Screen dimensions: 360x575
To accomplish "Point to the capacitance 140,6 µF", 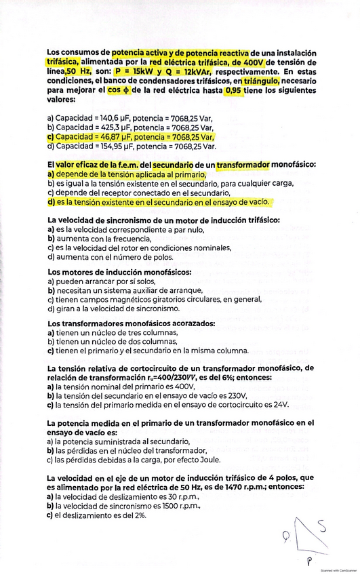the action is [113, 117].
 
